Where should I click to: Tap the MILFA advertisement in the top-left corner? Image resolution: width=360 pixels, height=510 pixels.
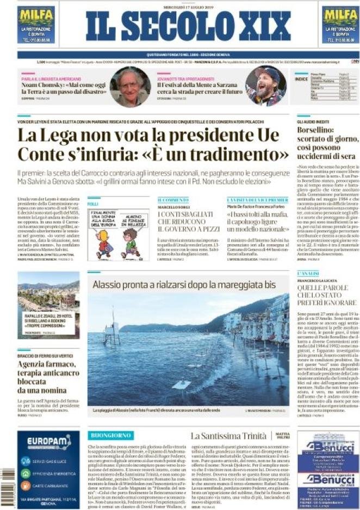(x=36, y=25)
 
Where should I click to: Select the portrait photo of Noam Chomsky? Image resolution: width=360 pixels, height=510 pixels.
(x=130, y=87)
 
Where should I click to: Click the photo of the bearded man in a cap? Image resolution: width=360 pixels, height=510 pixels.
(x=265, y=86)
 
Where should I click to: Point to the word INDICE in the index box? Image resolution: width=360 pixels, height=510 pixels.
(x=301, y=79)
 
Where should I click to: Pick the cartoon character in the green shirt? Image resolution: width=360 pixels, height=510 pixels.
(x=131, y=241)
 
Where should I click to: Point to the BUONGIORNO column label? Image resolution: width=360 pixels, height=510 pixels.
(x=110, y=435)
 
